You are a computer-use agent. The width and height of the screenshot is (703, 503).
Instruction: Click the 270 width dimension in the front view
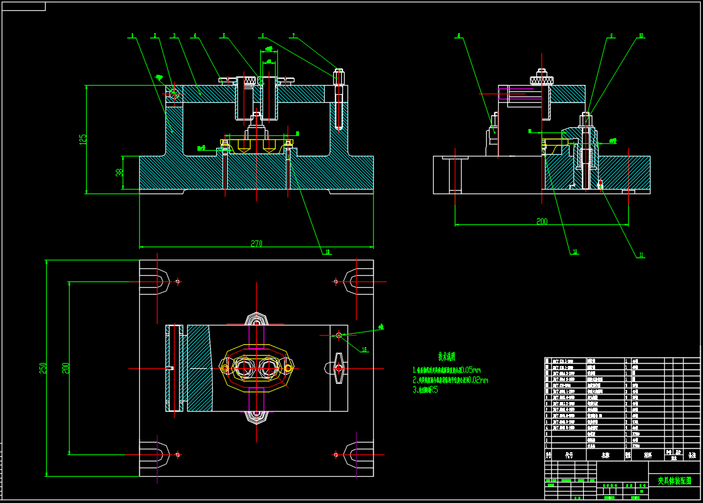257,244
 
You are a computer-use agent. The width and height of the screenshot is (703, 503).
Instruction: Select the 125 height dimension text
83,139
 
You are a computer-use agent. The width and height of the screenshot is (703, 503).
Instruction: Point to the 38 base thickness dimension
119,172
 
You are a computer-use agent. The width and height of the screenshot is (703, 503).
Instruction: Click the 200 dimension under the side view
541,222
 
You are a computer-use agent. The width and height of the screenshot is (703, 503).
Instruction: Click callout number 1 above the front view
132,35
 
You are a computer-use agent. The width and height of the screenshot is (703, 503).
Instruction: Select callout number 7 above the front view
294,35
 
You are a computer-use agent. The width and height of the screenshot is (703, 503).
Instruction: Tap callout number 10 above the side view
641,35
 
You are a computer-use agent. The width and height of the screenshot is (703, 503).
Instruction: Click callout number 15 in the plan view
365,349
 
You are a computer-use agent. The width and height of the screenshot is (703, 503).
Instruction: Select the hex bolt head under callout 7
339,74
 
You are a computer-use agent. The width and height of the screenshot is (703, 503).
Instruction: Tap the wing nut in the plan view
338,368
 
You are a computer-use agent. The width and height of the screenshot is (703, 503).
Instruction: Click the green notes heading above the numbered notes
446,356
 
